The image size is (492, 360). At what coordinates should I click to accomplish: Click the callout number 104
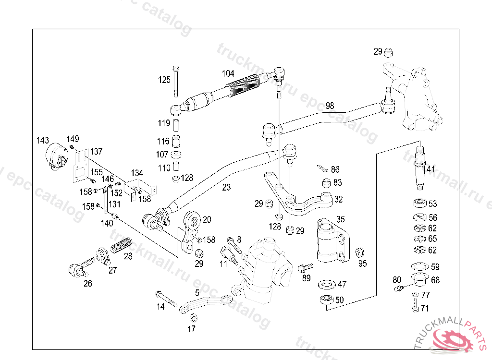click(228, 74)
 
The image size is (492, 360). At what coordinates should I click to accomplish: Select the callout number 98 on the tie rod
click(330, 106)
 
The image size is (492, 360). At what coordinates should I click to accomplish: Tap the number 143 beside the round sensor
click(43, 140)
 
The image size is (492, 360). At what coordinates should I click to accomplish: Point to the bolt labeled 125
click(176, 82)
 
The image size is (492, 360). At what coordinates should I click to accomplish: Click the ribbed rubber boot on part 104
click(243, 84)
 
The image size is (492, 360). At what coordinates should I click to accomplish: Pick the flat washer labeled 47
click(327, 285)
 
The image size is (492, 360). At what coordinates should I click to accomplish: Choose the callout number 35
click(341, 219)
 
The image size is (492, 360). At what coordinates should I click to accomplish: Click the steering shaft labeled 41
click(420, 168)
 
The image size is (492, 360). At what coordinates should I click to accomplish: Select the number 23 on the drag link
click(226, 187)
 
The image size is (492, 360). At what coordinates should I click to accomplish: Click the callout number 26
click(88, 284)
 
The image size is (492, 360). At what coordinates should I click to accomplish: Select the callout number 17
click(191, 329)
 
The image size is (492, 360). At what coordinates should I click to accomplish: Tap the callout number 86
click(335, 169)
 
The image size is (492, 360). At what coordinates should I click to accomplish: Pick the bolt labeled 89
click(305, 267)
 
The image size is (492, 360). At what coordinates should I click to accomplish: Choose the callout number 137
click(96, 152)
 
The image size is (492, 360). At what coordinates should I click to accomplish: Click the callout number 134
click(137, 173)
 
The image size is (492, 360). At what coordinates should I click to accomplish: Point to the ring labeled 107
click(176, 155)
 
